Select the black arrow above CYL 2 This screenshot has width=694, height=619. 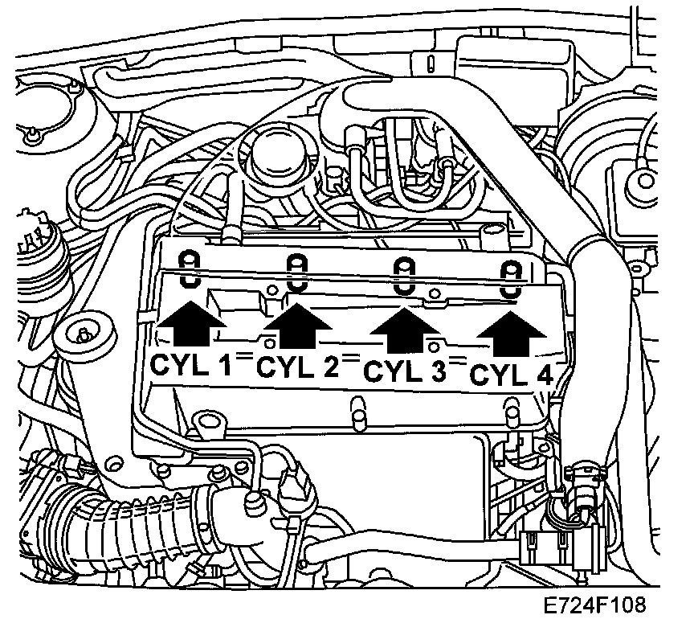pyautogui.click(x=297, y=327)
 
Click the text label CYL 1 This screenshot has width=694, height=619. pyautogui.click(x=190, y=366)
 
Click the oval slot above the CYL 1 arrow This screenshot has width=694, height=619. pyautogui.click(x=190, y=267)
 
